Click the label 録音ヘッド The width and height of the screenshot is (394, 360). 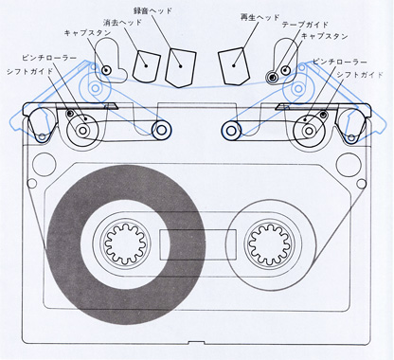click(x=152, y=10)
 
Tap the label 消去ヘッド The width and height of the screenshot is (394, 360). click(x=122, y=23)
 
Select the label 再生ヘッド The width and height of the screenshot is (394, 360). click(x=260, y=18)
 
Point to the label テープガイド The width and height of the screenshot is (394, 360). click(x=305, y=25)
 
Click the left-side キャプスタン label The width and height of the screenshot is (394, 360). click(x=87, y=33)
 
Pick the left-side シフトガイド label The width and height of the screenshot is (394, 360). click(x=29, y=71)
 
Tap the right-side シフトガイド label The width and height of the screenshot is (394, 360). click(x=360, y=75)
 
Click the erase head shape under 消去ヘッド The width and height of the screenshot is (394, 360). click(x=146, y=65)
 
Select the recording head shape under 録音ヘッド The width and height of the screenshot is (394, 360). click(x=181, y=67)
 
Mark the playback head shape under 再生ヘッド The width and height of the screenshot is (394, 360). click(x=234, y=65)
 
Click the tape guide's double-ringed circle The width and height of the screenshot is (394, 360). click(x=272, y=77)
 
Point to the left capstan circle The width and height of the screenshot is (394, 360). click(x=105, y=69)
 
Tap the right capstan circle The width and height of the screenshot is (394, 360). click(x=286, y=70)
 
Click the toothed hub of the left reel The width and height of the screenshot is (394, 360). click(x=125, y=243)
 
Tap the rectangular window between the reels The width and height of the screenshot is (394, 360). click(x=198, y=244)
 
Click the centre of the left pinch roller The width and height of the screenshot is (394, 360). click(x=82, y=130)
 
